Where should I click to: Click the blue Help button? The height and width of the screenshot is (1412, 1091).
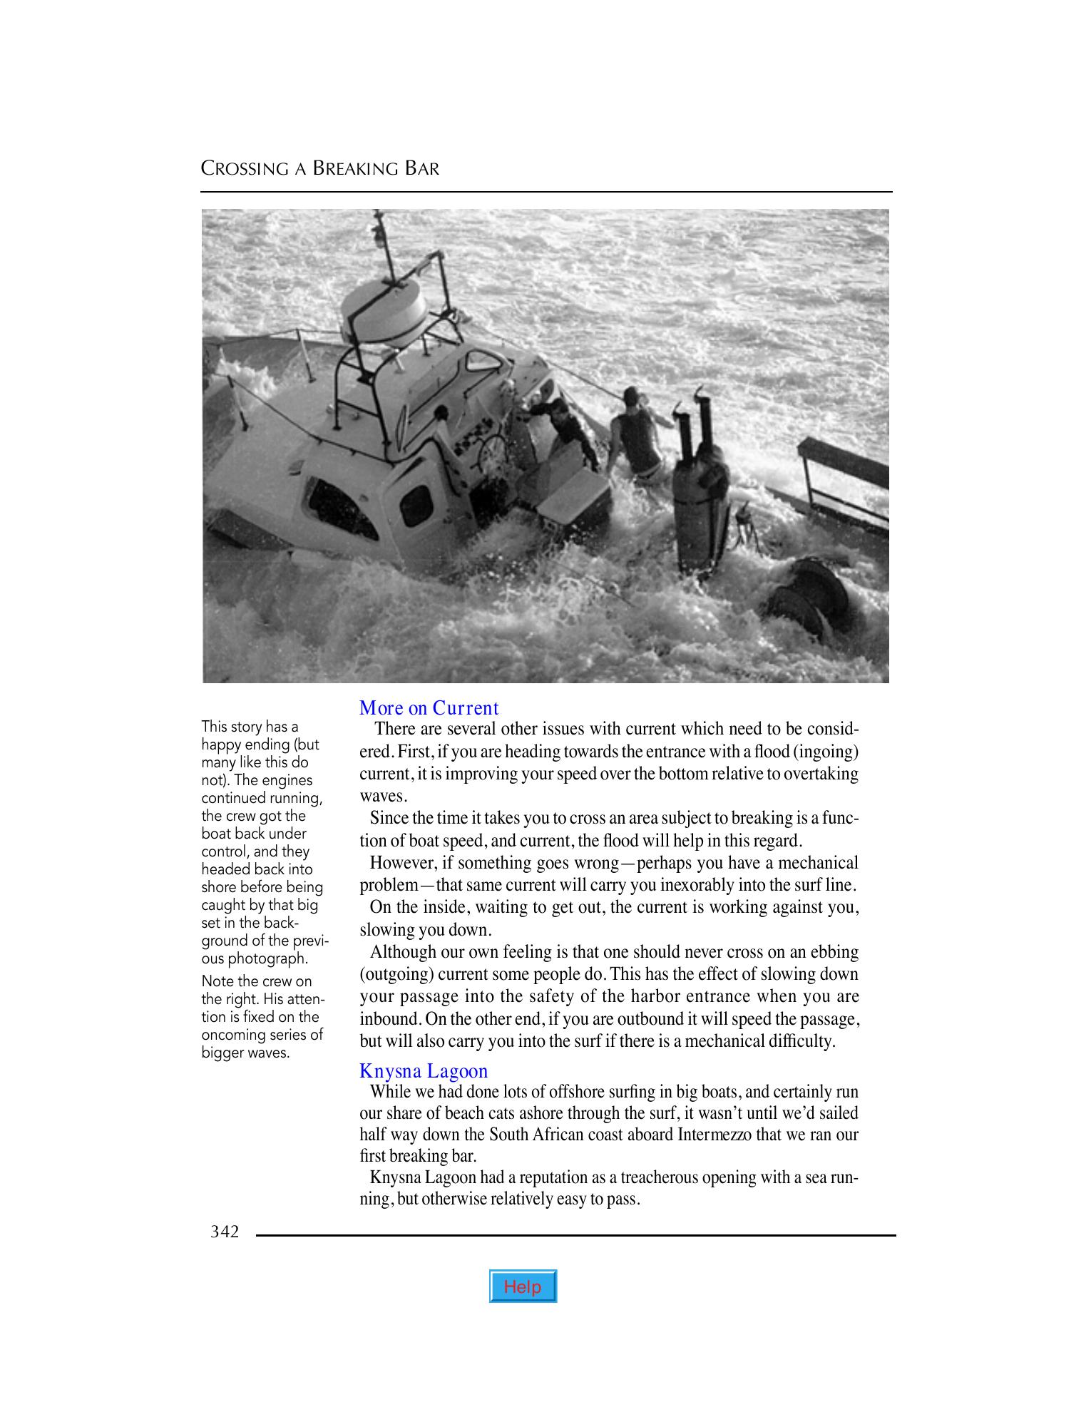pyautogui.click(x=523, y=1286)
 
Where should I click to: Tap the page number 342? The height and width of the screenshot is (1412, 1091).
pyautogui.click(x=225, y=1232)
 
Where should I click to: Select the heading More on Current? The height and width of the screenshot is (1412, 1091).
pyautogui.click(x=429, y=708)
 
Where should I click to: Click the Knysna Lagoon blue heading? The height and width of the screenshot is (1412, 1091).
pyautogui.click(x=424, y=1071)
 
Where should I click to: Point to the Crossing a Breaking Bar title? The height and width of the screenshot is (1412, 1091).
pyautogui.click(x=320, y=169)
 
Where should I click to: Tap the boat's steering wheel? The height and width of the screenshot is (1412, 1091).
pyautogui.click(x=491, y=452)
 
